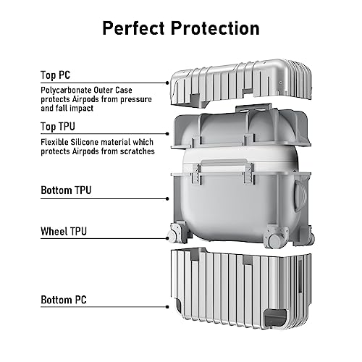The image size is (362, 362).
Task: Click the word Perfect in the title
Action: [134, 28]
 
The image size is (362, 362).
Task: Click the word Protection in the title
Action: [215, 28]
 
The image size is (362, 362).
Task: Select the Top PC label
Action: [55, 75]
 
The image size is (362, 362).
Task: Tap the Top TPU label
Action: [58, 127]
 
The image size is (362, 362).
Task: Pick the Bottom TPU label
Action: [66, 190]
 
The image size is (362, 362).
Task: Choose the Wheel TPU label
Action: [64, 231]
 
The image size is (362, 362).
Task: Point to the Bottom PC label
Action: [64, 300]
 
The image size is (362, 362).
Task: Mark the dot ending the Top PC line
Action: [167, 83]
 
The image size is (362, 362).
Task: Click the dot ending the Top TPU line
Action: [167, 134]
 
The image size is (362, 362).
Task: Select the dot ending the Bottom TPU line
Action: [167, 199]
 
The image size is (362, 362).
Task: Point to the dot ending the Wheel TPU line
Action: [167, 238]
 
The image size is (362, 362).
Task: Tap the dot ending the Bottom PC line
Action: [167, 307]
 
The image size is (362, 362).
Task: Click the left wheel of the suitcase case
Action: [172, 235]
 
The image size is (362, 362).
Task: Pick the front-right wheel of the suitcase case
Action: [275, 240]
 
